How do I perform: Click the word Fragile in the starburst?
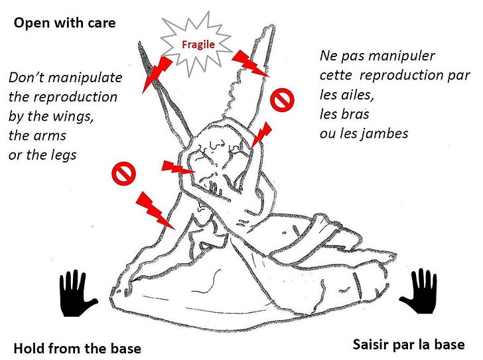(198, 44)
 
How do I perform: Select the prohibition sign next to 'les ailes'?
(282, 99)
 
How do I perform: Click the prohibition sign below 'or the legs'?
(123, 173)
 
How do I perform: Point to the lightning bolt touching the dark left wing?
(157, 73)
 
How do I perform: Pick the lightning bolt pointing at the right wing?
(249, 63)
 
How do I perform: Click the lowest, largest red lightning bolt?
(155, 211)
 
